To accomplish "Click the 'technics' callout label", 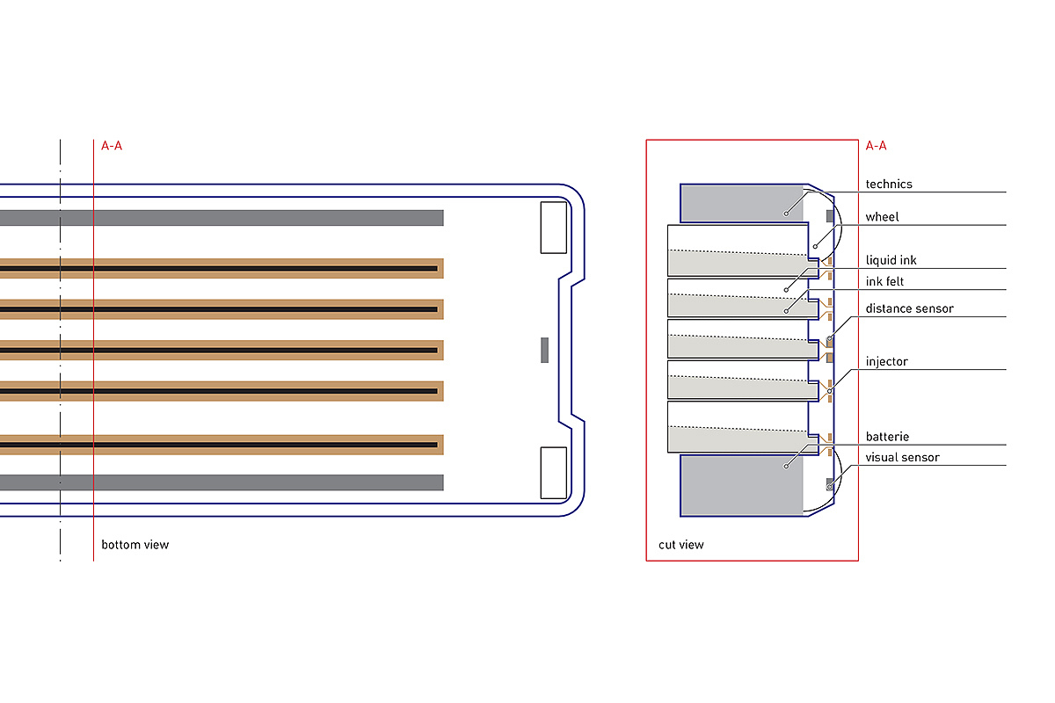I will tap(889, 185).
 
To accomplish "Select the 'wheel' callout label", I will tap(882, 217).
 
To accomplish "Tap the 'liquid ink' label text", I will tap(891, 261).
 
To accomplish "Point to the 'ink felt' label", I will tap(884, 282).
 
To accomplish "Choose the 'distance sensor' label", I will tap(909, 308).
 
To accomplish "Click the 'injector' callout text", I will tap(886, 362).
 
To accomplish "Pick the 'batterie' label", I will tap(887, 437).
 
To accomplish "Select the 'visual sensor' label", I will tap(902, 458).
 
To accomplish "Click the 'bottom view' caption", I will tap(135, 545).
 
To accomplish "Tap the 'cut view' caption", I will tap(681, 545).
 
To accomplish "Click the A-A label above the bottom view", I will tap(112, 146).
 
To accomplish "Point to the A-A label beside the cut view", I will tap(877, 146).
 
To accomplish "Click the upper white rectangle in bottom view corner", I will tap(553, 227).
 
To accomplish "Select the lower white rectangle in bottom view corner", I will tap(553, 473).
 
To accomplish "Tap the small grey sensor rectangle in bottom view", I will tap(545, 350).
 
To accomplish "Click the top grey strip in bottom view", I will tap(220, 218).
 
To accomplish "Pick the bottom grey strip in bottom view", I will tap(220, 482).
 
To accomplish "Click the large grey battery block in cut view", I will tap(742, 484).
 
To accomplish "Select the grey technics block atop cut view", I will tap(742, 203).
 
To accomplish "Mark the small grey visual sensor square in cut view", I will tap(829, 483).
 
